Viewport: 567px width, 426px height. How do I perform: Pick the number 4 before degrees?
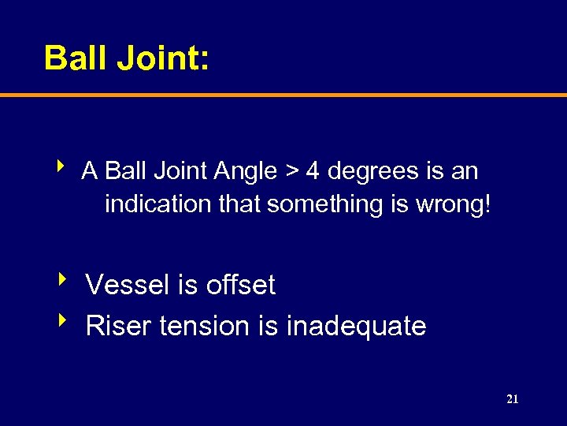point(313,170)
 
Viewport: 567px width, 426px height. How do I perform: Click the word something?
point(324,205)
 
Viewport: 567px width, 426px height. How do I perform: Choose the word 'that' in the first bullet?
point(239,204)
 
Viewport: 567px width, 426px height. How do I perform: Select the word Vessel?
point(128,285)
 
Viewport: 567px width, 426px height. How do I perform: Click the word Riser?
point(119,326)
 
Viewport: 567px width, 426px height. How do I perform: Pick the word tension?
point(203,326)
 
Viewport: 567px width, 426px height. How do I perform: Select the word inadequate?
point(356,327)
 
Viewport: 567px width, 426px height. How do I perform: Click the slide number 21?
point(512,399)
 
